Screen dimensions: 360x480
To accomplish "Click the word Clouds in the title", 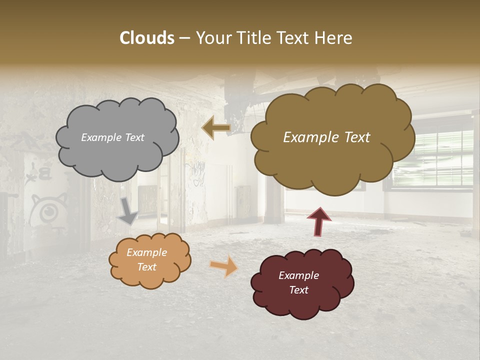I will tap(147, 38).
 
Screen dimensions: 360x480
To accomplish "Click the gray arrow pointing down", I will tap(127, 210).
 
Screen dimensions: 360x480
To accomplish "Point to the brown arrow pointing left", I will tap(216, 128).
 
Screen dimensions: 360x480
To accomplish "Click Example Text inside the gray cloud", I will tap(112, 137).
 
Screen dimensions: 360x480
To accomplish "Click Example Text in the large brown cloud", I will tap(326, 137).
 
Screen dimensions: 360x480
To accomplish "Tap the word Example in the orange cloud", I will tap(146, 252).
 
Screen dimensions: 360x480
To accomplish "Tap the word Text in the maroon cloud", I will tap(298, 290).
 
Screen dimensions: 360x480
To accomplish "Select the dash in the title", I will tap(184, 38).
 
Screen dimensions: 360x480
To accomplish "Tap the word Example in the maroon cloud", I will tap(298, 275).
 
